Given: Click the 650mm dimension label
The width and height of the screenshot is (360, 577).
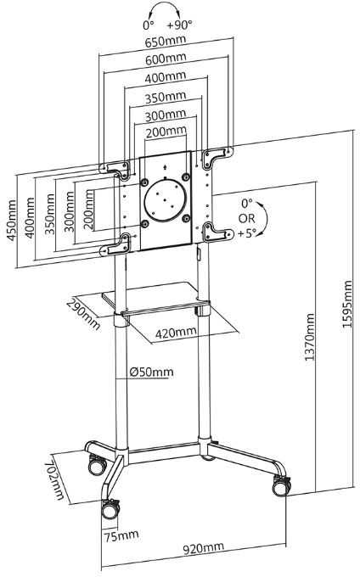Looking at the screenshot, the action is [166, 42].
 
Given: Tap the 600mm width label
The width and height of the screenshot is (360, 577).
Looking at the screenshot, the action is [166, 59].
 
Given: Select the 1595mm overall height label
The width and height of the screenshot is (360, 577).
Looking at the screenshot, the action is [347, 304].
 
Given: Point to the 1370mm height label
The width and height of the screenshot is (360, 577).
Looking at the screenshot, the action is [310, 337].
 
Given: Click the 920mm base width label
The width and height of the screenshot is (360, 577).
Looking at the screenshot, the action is [204, 549].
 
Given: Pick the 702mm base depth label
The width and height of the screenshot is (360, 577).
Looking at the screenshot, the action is [54, 480].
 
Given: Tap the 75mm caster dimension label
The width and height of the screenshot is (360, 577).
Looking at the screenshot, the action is [121, 535].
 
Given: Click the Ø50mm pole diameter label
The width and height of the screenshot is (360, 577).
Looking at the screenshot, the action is [151, 372].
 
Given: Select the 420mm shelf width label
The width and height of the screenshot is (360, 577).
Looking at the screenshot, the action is [176, 333].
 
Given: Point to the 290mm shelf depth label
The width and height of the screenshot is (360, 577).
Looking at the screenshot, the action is [83, 314].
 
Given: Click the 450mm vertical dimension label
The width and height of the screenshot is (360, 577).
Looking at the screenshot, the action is [11, 220].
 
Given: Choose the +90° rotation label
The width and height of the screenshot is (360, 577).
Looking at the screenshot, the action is [180, 25].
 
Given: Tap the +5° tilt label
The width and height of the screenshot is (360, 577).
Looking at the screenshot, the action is [246, 233].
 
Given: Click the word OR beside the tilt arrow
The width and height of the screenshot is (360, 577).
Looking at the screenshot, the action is [246, 218].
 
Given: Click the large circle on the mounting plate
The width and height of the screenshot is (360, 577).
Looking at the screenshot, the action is [165, 200].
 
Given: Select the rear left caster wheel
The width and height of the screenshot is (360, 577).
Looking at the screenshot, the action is [97, 466].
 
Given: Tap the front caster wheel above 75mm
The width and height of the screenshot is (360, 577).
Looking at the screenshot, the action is [110, 509].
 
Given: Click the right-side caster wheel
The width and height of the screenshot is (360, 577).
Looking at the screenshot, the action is [282, 486].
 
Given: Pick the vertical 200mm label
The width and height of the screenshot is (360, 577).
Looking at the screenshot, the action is [88, 210].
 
